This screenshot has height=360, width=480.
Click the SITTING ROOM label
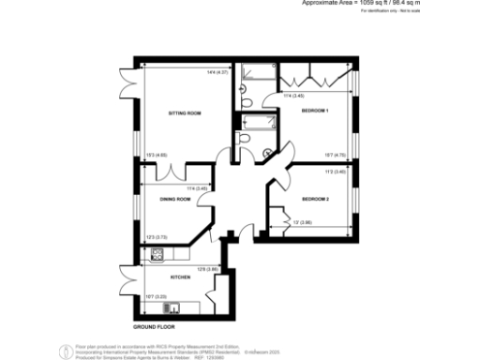pos(185,113)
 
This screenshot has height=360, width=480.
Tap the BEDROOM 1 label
pos(315,112)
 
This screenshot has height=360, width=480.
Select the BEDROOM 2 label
pos(315,200)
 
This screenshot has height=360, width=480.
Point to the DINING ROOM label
pos(175,200)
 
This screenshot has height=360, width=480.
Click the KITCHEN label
pos(180,277)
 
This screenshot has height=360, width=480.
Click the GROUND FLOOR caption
pos(155,327)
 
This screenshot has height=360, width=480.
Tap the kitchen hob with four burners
pos(157,253)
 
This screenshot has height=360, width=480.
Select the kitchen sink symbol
pos(172,307)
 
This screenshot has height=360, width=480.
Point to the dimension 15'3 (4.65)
pos(157,155)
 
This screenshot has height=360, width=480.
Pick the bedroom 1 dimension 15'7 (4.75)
pos(336,155)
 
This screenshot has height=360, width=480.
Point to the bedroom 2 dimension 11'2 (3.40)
pos(337,172)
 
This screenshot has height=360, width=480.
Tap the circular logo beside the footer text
pos(65,352)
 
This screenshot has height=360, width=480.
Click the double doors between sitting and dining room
pos(173,173)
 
